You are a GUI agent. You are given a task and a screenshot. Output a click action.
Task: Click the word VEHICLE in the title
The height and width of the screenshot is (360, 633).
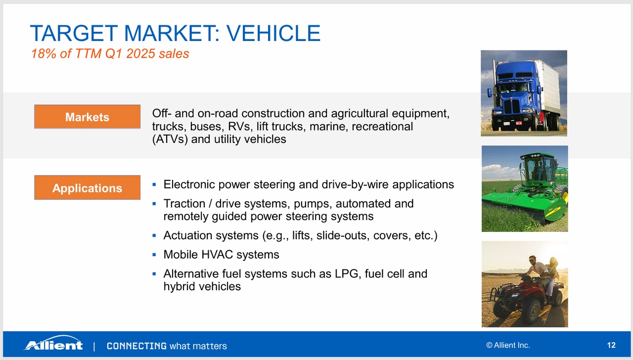(273, 33)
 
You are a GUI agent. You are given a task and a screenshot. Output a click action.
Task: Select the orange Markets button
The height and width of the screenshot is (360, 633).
(88, 117)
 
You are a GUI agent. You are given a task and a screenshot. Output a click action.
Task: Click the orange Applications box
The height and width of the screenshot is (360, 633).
(88, 187)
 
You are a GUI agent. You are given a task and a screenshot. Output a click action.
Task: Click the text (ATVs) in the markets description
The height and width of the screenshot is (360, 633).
(170, 139)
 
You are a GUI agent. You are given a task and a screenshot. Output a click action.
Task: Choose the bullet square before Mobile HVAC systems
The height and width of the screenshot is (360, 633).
(154, 255)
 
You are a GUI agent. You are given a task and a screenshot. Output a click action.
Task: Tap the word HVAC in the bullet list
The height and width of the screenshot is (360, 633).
(217, 255)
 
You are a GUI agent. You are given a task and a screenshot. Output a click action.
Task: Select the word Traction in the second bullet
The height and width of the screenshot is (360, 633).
(184, 203)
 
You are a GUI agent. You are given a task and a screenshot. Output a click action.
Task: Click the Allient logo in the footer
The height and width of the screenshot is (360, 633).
(53, 343)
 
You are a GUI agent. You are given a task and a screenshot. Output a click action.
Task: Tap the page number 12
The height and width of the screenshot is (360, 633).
(611, 345)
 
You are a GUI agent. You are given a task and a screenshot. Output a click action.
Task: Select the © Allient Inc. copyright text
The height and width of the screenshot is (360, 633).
(508, 345)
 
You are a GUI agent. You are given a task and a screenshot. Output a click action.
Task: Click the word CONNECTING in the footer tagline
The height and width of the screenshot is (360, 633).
(137, 346)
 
